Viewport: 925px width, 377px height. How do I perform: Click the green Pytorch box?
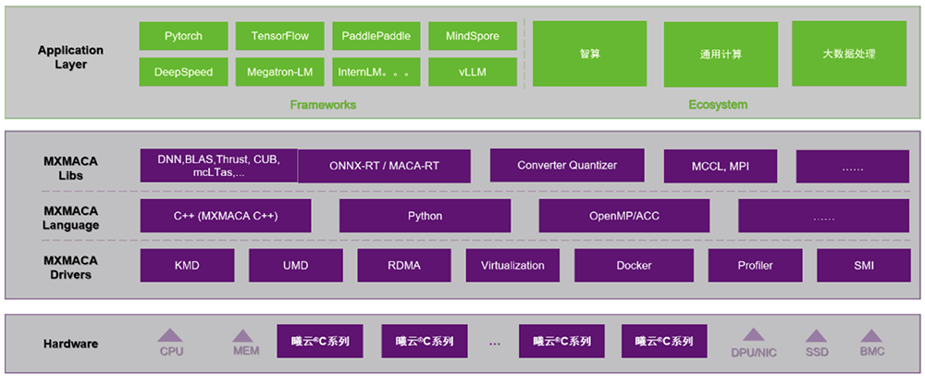coord(183,37)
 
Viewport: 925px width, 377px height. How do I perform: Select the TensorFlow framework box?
coord(279,37)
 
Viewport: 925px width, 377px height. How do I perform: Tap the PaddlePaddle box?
coord(376,37)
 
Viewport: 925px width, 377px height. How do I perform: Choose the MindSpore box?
coord(472,37)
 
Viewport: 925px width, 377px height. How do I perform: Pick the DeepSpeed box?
coord(183,71)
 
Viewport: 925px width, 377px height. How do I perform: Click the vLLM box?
coord(472,71)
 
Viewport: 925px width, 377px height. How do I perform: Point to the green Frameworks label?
coord(323,105)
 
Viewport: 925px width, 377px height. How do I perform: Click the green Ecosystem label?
coord(718,105)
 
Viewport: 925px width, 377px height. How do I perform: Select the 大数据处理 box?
coord(849,54)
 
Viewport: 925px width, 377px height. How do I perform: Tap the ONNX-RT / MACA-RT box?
coord(384,167)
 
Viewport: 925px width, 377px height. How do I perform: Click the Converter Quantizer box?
coord(567,165)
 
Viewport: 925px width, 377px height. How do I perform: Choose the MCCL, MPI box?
coord(721,167)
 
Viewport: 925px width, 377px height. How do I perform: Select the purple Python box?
coord(425,216)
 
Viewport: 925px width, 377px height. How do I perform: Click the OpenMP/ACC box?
coord(624,216)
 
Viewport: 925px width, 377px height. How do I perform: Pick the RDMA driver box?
coord(403,266)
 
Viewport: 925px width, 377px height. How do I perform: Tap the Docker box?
coord(634,266)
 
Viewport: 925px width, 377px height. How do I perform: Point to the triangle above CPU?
coord(171,336)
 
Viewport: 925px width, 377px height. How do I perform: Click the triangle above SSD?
coord(815,336)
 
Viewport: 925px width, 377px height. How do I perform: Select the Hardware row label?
coord(70,345)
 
